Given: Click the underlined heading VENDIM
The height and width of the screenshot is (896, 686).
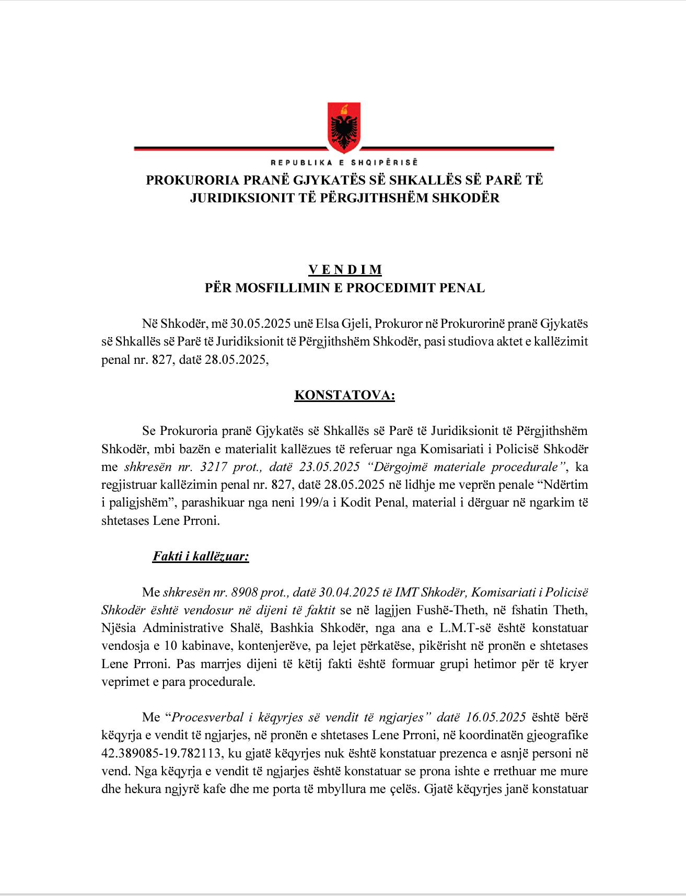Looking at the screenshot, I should [x=345, y=270].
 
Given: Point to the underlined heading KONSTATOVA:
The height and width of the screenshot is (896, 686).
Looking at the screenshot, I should [x=345, y=395].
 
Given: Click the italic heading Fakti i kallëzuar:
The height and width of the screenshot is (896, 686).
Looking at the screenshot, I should [x=201, y=556].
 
